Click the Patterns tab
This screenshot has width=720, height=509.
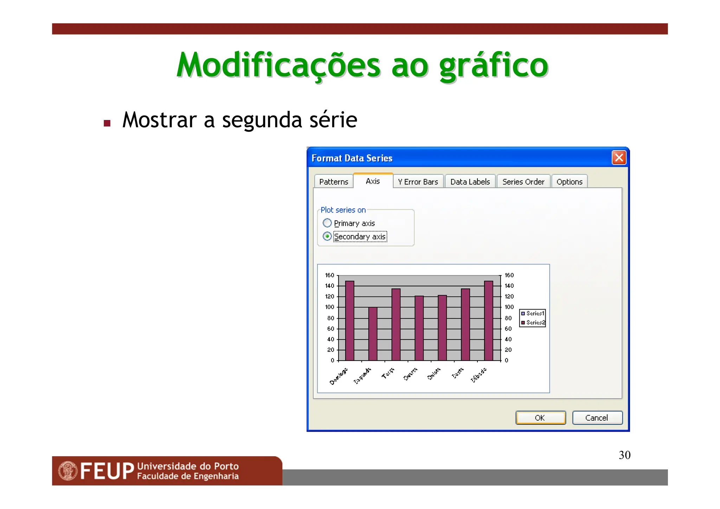click(x=333, y=182)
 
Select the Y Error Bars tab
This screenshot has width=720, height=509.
click(x=418, y=182)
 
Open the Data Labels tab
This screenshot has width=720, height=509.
click(x=470, y=182)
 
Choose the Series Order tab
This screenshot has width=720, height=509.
click(x=523, y=182)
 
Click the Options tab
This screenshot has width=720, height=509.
click(x=569, y=182)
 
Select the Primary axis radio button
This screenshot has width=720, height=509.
click(x=327, y=223)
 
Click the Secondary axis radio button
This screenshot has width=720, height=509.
click(x=327, y=236)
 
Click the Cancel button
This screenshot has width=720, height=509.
click(x=597, y=418)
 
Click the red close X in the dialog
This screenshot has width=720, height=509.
click(x=619, y=158)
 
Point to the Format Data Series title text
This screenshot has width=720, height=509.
click(x=352, y=158)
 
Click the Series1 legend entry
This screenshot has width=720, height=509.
click(x=533, y=313)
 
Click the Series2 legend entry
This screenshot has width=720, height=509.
click(x=533, y=322)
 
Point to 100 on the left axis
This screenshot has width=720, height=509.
click(x=329, y=307)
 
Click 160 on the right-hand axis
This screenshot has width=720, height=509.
click(x=509, y=275)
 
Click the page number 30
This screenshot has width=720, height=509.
click(x=624, y=455)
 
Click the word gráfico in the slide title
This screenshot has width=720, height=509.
click(x=493, y=65)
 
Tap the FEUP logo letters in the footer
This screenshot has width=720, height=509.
click(x=107, y=471)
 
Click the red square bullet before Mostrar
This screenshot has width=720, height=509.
click(x=107, y=123)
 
